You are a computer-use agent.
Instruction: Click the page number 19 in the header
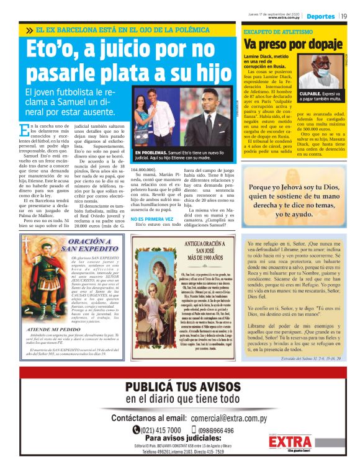point(344,16)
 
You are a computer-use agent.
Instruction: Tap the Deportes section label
point(321,16)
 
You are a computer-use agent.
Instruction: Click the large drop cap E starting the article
point(24,130)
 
